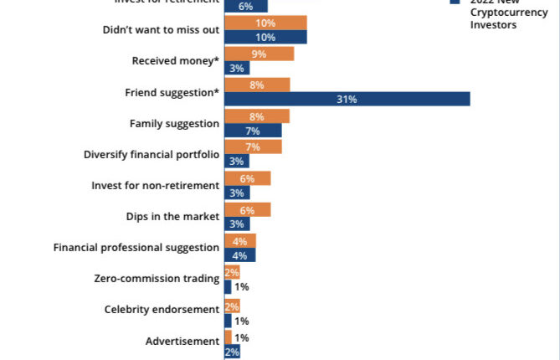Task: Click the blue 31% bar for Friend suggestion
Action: pyautogui.click(x=347, y=100)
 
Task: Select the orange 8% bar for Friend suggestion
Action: pyautogui.click(x=257, y=85)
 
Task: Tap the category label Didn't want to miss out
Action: pyautogui.click(x=161, y=30)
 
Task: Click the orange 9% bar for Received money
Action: pyautogui.click(x=259, y=54)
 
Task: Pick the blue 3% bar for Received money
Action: pyautogui.click(x=237, y=69)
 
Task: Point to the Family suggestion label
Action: pyautogui.click(x=174, y=123)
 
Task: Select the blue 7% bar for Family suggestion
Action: pyautogui.click(x=253, y=131)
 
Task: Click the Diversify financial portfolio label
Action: pyautogui.click(x=152, y=154)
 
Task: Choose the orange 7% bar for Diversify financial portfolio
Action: pyautogui.click(x=253, y=147)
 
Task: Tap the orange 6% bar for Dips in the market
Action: pyautogui.click(x=247, y=209)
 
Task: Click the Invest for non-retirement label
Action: pyautogui.click(x=155, y=185)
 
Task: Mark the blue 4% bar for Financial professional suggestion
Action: pyautogui.click(x=239, y=255)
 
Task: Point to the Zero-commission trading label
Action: pyautogui.click(x=158, y=278)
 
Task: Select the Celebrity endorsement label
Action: pyautogui.click(x=162, y=309)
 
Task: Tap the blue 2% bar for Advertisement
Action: pyautogui.click(x=232, y=352)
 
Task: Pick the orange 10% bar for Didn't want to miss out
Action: pyautogui.click(x=265, y=23)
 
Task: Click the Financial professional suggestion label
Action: pyautogui.click(x=136, y=247)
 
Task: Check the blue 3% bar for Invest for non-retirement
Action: pyautogui.click(x=237, y=193)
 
